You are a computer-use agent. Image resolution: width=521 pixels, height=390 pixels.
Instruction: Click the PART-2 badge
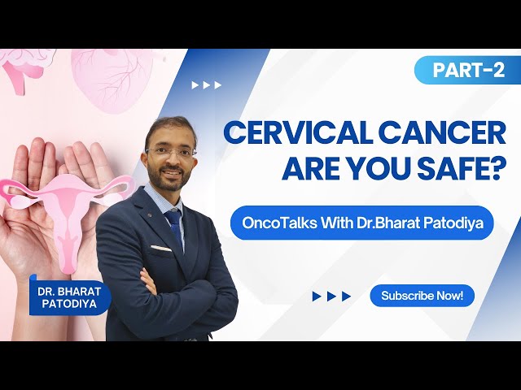point(467,70)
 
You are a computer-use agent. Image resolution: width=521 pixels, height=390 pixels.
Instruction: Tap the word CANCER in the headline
point(442,133)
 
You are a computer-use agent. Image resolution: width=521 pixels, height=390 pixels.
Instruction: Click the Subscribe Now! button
point(422,296)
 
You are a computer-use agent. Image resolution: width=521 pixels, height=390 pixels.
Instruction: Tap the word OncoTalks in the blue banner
point(279,223)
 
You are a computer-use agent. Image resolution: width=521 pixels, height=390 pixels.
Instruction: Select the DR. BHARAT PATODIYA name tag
point(69,297)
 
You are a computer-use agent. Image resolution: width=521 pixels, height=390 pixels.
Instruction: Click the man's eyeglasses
point(170,153)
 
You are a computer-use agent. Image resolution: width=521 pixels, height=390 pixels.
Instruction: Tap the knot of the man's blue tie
point(173,217)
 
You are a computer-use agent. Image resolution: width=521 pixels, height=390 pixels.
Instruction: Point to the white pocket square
point(161,248)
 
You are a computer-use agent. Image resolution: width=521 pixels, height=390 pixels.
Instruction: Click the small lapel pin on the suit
point(150,215)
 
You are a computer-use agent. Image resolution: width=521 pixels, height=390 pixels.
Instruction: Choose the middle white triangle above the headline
point(206,85)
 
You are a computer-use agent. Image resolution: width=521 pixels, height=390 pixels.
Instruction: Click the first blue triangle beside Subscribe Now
point(317,296)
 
